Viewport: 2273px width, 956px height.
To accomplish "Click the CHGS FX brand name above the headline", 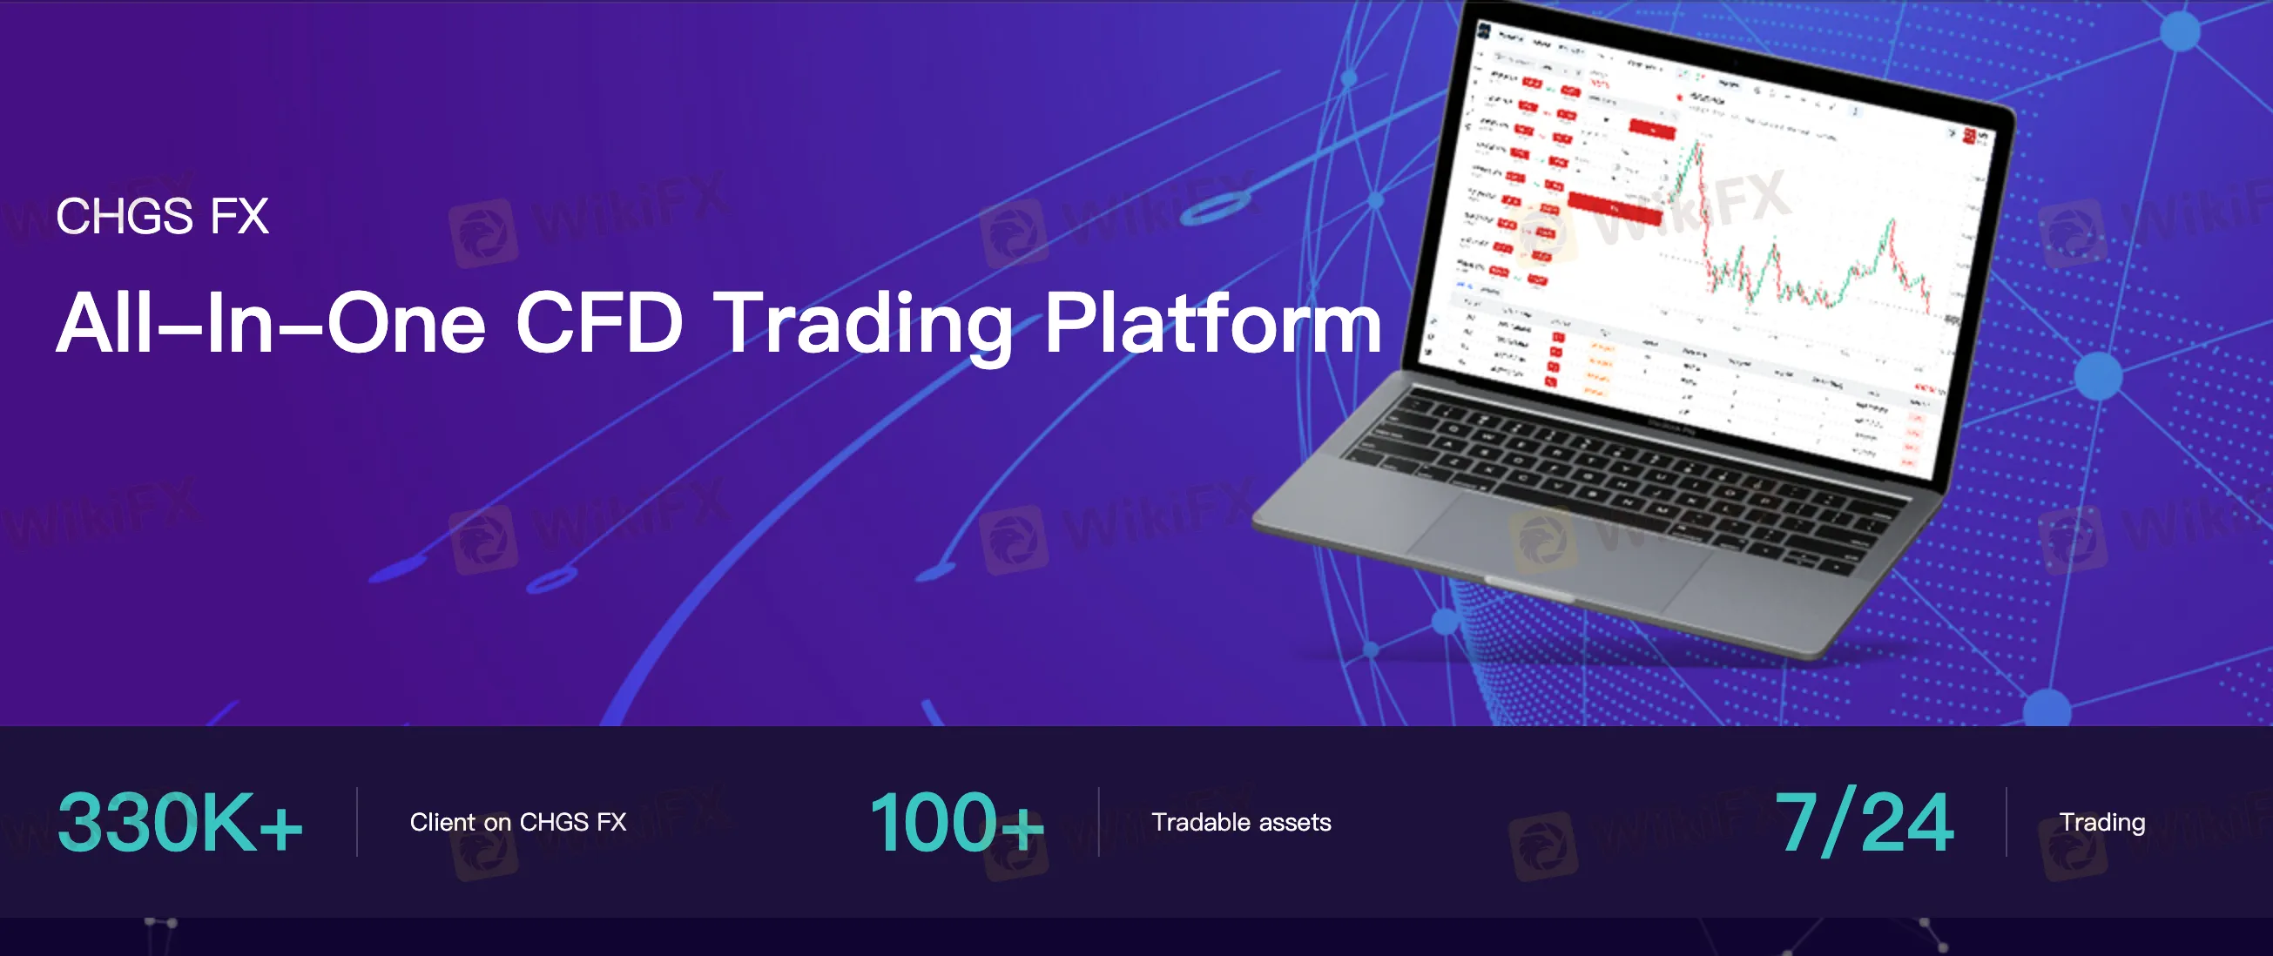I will click(x=162, y=216).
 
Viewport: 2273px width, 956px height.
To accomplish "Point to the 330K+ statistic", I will click(x=180, y=822).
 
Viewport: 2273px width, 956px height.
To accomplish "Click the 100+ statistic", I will click(x=956, y=822).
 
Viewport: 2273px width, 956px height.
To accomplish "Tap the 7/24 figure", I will click(x=1864, y=822).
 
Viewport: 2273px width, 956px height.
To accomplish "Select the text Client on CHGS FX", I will click(x=518, y=822).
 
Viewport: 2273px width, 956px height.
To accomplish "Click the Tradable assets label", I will click(x=1241, y=822).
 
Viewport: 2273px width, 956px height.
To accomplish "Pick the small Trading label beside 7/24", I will click(x=2101, y=822).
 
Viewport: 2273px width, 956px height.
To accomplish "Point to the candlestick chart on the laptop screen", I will click(x=1809, y=256).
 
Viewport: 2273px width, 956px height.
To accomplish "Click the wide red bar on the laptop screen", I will click(x=1615, y=208).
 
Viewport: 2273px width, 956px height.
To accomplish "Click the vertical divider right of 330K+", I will click(x=356, y=822).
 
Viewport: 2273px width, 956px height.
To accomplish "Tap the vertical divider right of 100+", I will click(x=1098, y=822).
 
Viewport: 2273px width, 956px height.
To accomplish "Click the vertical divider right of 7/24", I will click(x=2006, y=822).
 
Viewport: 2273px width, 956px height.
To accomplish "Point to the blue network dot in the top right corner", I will click(x=2181, y=32).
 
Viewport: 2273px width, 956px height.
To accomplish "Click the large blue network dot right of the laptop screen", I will click(x=2097, y=377).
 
